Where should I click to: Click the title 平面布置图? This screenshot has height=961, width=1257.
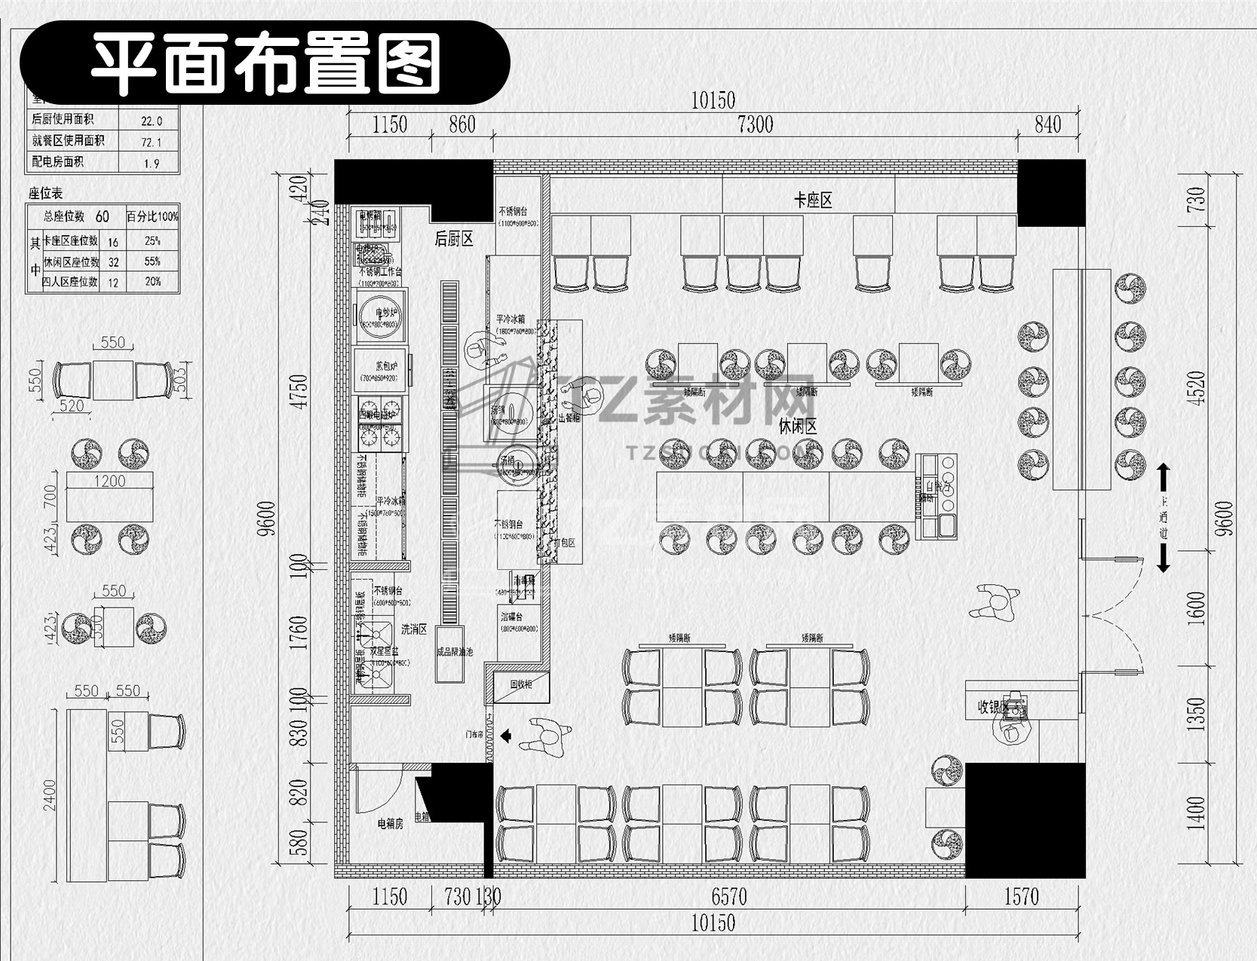(x=265, y=63)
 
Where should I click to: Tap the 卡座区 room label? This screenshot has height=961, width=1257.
(x=813, y=200)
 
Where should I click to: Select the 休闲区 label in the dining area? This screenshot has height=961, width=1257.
(x=798, y=427)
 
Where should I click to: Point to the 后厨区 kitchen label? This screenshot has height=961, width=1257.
(x=454, y=240)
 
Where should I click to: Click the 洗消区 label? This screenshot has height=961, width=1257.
(x=414, y=629)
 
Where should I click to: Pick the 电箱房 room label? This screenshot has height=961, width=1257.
(x=391, y=824)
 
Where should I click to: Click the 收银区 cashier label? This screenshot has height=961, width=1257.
(x=992, y=708)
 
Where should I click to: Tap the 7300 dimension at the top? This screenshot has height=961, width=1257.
(x=755, y=125)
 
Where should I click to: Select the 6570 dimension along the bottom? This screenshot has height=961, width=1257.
(x=729, y=897)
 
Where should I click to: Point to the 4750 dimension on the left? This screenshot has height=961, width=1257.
(x=300, y=392)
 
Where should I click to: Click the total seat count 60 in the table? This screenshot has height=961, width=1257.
(x=103, y=217)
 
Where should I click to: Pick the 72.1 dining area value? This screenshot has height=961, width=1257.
(x=151, y=142)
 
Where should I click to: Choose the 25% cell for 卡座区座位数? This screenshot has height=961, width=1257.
(x=152, y=241)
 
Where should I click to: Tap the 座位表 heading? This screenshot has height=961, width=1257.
(x=45, y=194)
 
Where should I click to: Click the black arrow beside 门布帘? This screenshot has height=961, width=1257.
(x=506, y=735)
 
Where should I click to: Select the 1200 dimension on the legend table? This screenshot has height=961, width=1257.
(x=109, y=481)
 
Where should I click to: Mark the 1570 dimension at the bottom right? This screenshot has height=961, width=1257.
(x=1021, y=897)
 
